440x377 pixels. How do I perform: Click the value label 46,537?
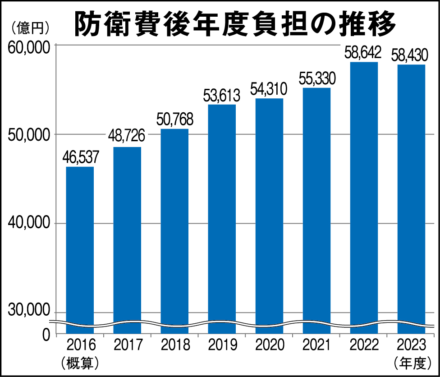click(x=80, y=158)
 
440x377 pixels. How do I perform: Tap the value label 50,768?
click(x=174, y=120)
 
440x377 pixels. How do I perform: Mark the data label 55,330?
click(x=316, y=79)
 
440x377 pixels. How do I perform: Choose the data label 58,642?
click(x=363, y=53)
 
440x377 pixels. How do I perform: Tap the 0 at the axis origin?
click(x=46, y=335)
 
